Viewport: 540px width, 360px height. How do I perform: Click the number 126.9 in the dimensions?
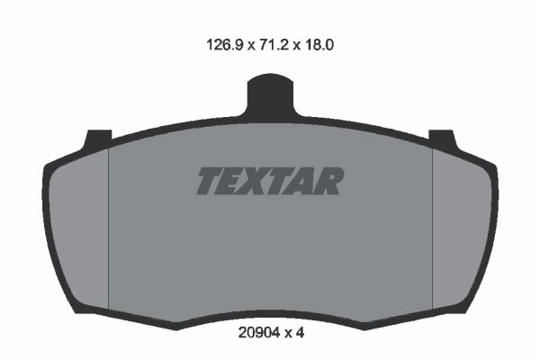pyautogui.click(x=225, y=45)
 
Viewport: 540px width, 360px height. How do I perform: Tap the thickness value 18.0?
pyautogui.click(x=319, y=45)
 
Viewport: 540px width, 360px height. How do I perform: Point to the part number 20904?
pyautogui.click(x=258, y=333)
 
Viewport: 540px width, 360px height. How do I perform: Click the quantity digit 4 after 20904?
pyautogui.click(x=300, y=333)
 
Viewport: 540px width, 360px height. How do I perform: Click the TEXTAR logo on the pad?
pyautogui.click(x=270, y=181)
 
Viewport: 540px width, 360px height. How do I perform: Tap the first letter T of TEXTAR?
pyautogui.click(x=211, y=181)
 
